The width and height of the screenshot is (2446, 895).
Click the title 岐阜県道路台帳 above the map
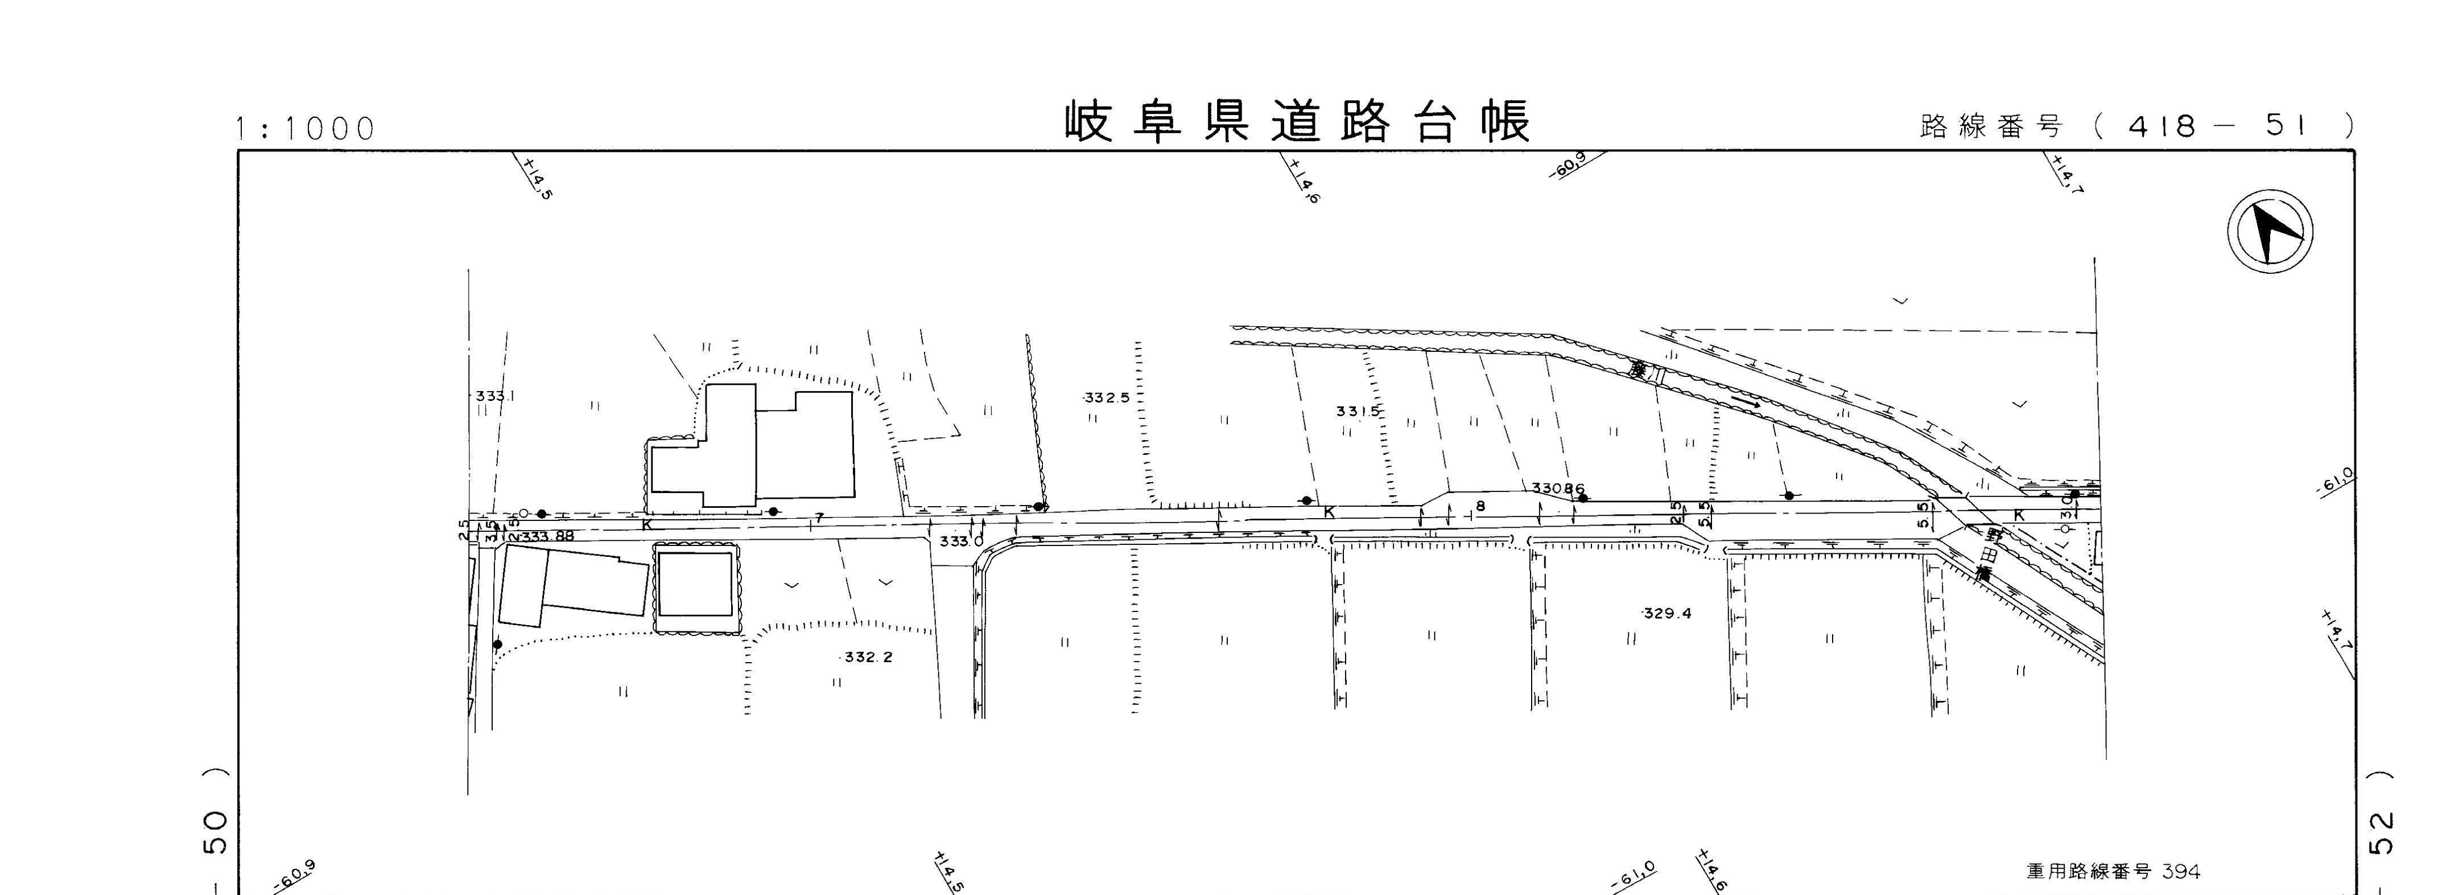point(1297,122)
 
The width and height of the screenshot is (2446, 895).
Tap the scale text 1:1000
point(306,128)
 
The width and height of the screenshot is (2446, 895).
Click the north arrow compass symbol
point(2270,232)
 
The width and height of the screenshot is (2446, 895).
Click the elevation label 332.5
point(1107,398)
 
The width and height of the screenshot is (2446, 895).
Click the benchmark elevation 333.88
point(547,536)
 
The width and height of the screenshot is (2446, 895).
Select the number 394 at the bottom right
point(2180,871)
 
